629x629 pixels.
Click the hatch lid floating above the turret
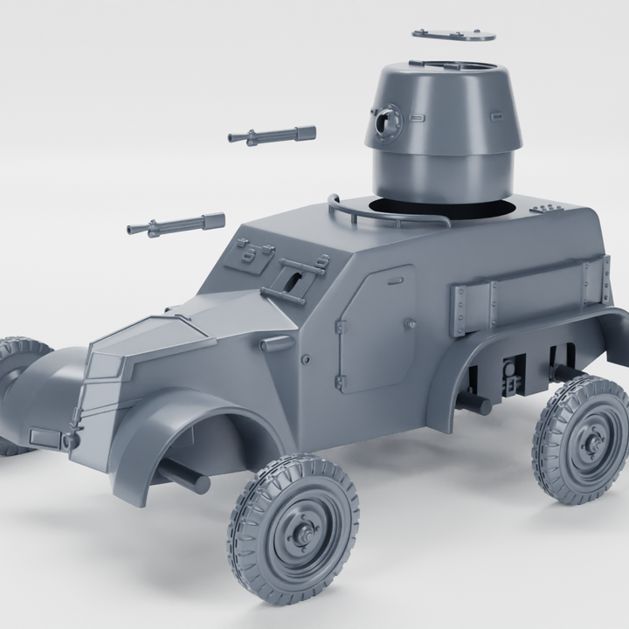453,35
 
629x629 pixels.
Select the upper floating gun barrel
271,135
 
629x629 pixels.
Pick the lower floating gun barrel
175,225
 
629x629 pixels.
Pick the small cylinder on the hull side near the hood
276,344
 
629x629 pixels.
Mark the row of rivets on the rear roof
546,208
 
